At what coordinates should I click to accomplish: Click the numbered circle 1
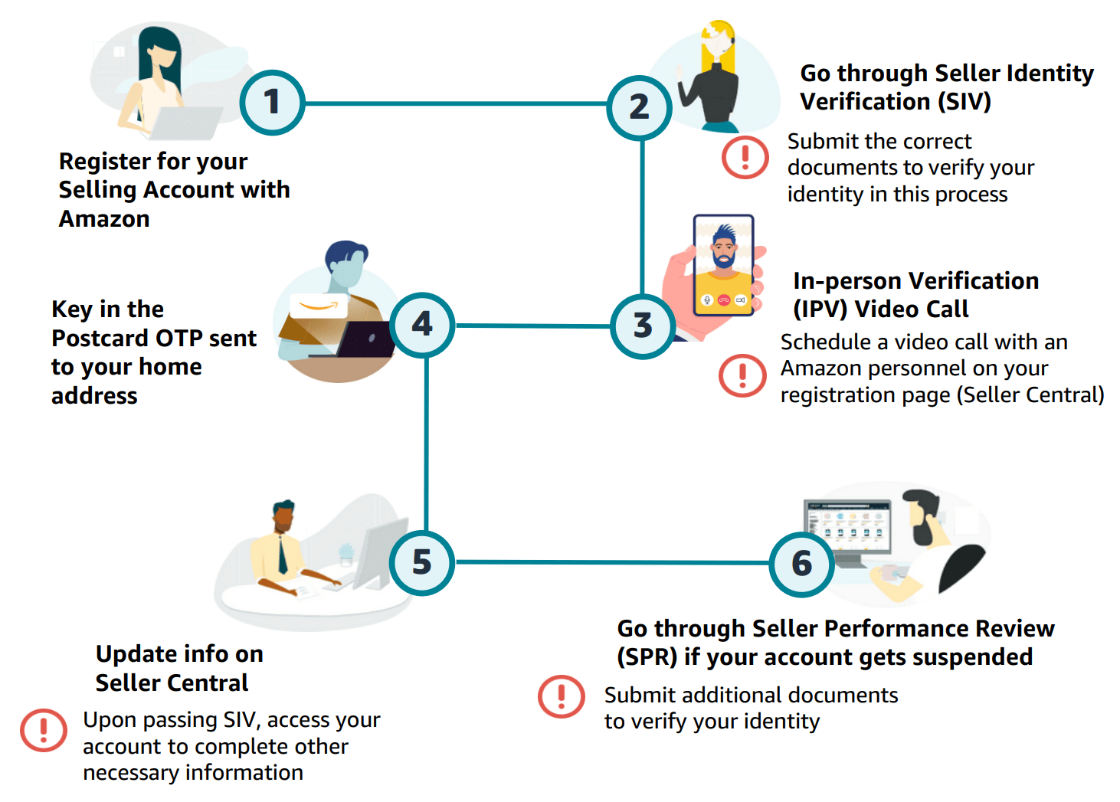click(272, 103)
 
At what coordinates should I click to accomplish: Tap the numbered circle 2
click(639, 108)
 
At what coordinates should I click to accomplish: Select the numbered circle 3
click(643, 326)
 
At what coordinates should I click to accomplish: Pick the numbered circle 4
click(422, 325)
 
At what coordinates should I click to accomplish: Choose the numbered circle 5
click(422, 563)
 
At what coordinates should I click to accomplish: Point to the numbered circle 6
click(801, 565)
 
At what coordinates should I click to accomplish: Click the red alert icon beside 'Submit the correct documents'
click(745, 157)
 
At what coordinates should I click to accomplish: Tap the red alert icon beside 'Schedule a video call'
click(742, 375)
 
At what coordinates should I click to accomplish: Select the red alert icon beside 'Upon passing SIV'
click(44, 729)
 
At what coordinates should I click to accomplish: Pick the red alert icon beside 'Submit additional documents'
click(561, 696)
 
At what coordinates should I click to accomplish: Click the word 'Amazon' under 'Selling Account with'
click(104, 219)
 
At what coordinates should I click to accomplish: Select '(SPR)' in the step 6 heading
click(647, 657)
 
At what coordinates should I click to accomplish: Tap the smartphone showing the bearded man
click(723, 265)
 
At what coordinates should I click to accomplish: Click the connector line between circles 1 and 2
click(456, 103)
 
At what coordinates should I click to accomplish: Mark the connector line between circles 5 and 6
click(613, 562)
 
